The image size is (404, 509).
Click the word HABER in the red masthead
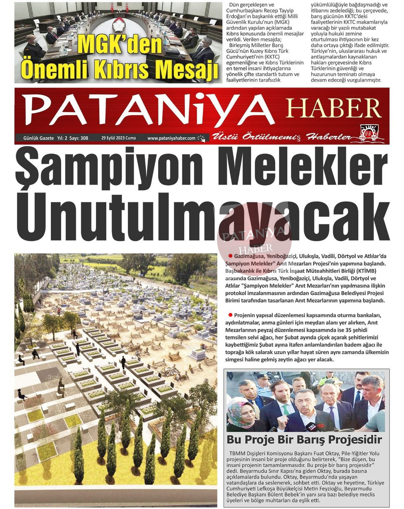[333, 108]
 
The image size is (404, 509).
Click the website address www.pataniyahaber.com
[171, 138]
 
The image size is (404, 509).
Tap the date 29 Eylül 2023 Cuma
[118, 138]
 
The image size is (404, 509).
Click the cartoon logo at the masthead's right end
[369, 133]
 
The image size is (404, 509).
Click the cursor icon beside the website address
[201, 138]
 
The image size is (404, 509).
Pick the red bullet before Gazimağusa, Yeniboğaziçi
[231, 256]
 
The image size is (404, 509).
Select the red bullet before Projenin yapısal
[230, 315]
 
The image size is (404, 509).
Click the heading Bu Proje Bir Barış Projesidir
[304, 439]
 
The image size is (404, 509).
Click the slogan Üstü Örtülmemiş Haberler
[281, 137]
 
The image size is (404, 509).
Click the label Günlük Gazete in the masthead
[38, 138]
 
